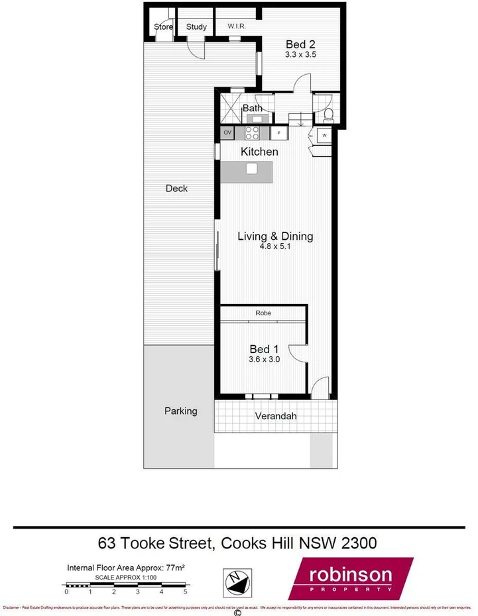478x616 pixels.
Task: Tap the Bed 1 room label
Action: [x=260, y=349]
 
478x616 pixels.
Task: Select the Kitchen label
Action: [x=259, y=152]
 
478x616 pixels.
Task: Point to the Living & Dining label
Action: [x=275, y=236]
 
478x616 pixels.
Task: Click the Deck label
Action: [x=176, y=188]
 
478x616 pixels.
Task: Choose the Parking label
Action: [x=181, y=411]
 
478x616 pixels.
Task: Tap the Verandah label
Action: [x=276, y=417]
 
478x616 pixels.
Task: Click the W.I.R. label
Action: [x=237, y=26]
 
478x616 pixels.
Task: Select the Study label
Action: [x=196, y=27]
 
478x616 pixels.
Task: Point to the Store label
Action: [x=164, y=27]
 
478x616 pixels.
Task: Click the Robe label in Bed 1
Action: [x=263, y=313]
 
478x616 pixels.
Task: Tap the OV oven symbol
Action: [x=227, y=133]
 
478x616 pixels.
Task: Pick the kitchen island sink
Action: [x=251, y=169]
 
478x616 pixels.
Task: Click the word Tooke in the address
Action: [x=164, y=544]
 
